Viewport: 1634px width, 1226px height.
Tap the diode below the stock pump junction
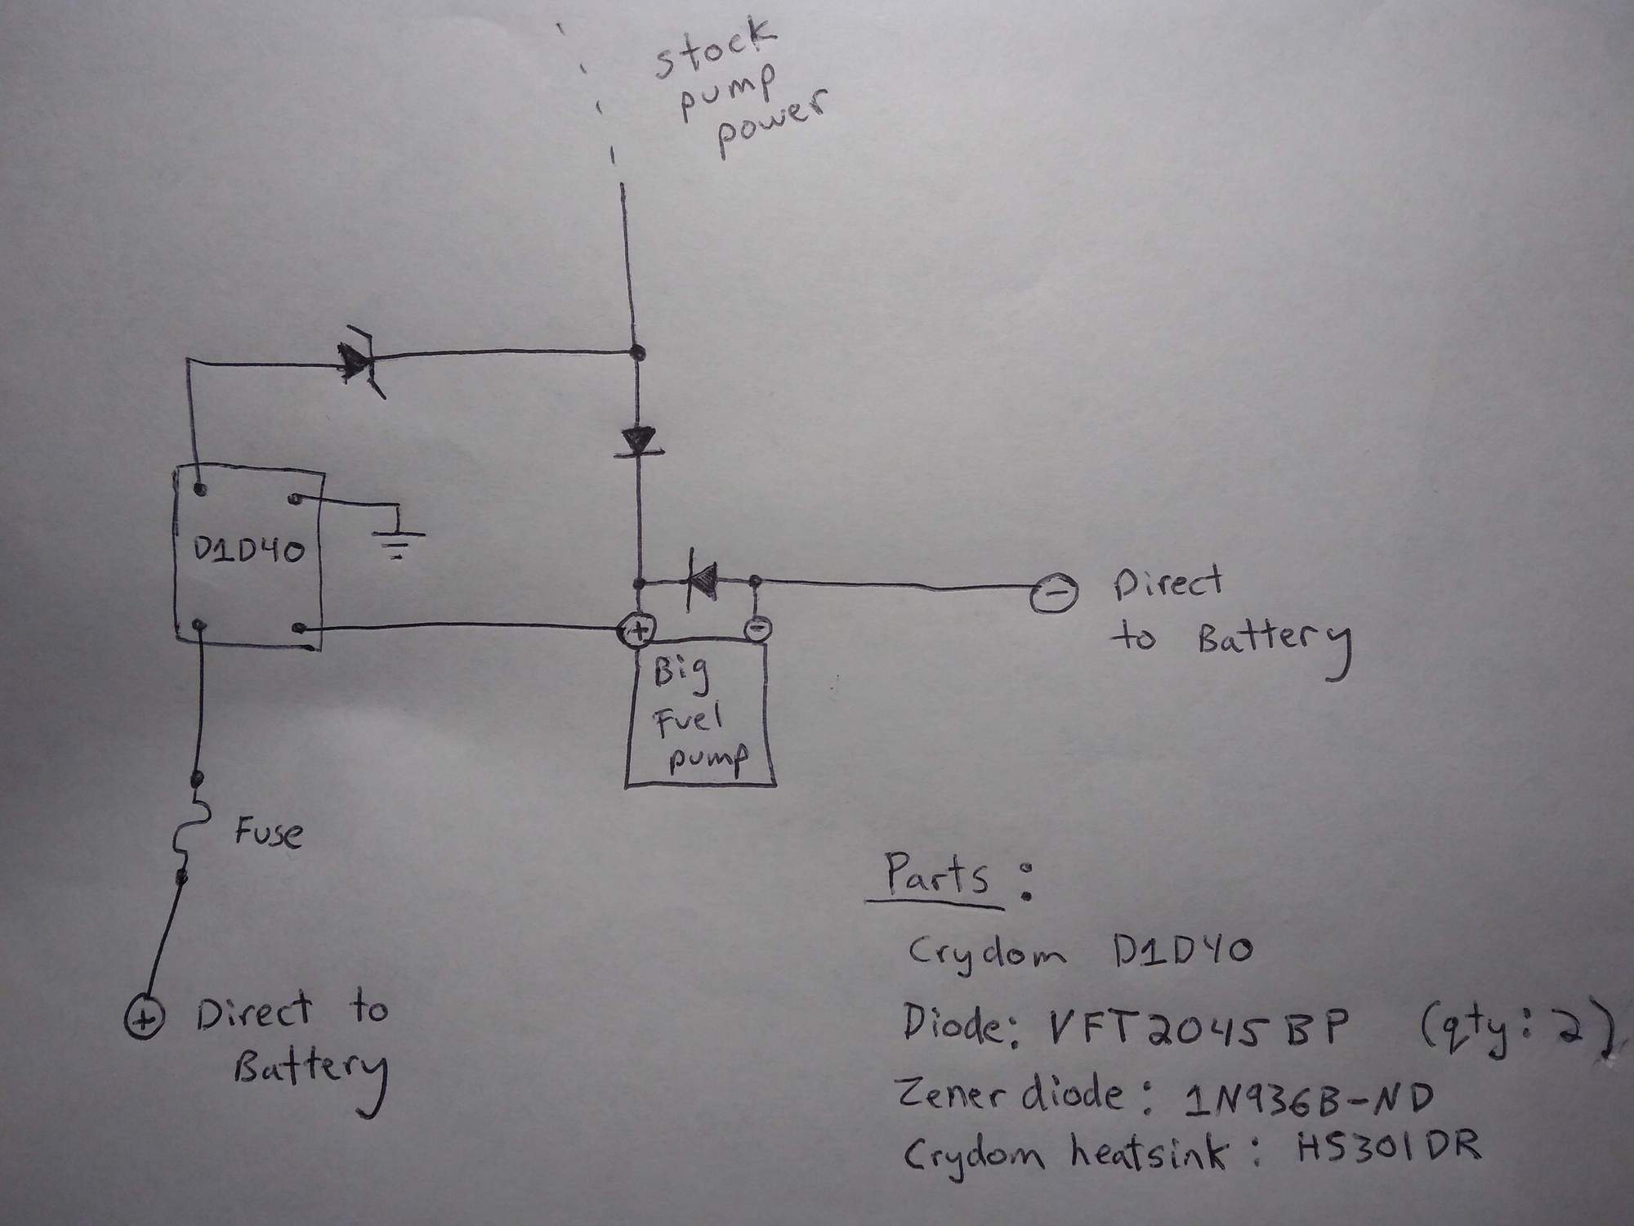pos(640,443)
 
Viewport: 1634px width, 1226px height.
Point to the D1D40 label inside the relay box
pos(248,552)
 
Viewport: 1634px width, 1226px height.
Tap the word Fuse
pos(268,834)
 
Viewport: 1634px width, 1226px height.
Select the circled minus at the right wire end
pos(1052,596)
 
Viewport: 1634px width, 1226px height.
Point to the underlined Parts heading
pos(937,877)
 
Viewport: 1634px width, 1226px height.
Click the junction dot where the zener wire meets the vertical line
pos(638,354)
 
